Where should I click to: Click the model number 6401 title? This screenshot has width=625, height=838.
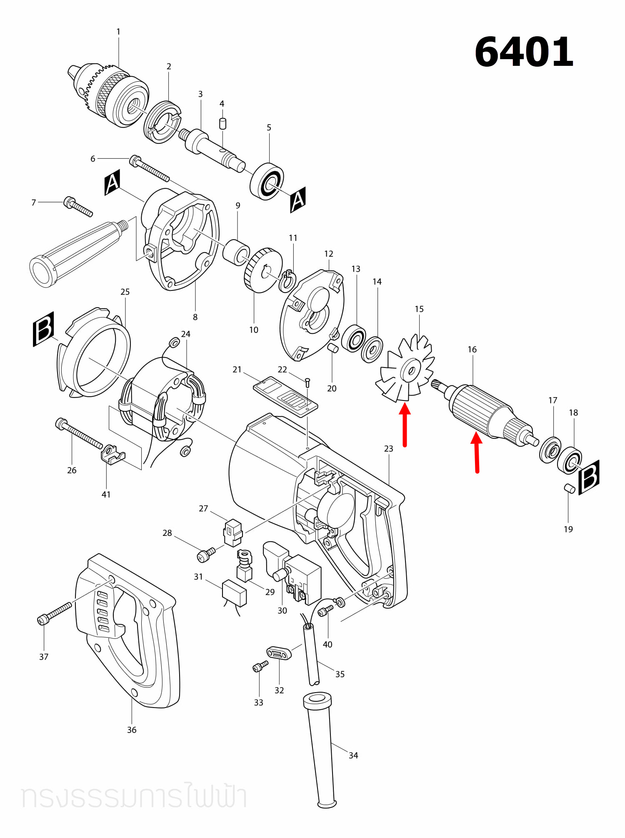(524, 52)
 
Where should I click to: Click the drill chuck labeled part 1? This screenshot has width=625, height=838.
(108, 95)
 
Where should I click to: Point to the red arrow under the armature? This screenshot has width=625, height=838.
(477, 453)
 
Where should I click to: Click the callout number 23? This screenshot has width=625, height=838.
(388, 448)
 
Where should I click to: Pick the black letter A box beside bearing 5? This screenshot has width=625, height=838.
(298, 200)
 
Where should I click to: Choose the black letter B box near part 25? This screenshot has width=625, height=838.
(44, 329)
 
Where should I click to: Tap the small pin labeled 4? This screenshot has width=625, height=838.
(222, 124)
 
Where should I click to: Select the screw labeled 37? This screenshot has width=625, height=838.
(55, 613)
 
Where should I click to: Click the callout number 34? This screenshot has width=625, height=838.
(353, 755)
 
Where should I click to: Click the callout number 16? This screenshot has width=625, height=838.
(472, 349)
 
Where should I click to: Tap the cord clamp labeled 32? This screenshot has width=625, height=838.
(279, 653)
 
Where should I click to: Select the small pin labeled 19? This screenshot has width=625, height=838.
(570, 488)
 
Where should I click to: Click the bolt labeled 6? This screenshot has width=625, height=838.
(150, 168)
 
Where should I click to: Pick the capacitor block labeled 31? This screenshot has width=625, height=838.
(235, 593)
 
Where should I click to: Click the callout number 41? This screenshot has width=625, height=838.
(106, 494)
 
